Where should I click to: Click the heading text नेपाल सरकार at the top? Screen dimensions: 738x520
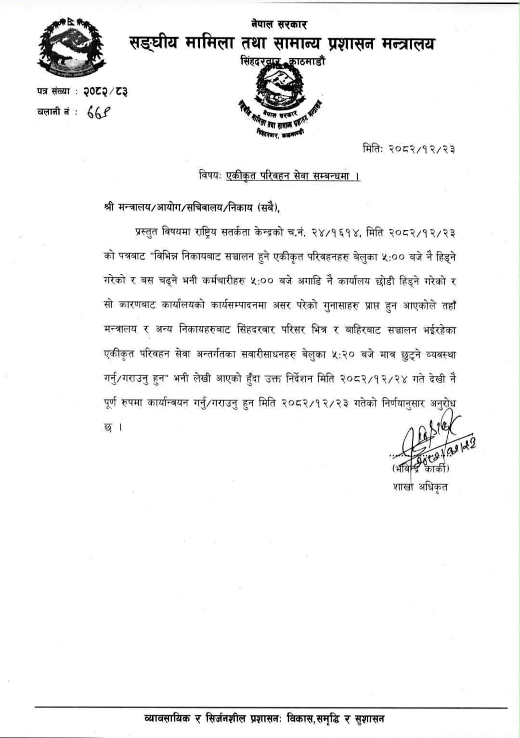point(279,24)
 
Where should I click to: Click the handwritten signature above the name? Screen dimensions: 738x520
point(428,438)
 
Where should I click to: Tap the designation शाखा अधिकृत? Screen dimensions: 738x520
point(420,487)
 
